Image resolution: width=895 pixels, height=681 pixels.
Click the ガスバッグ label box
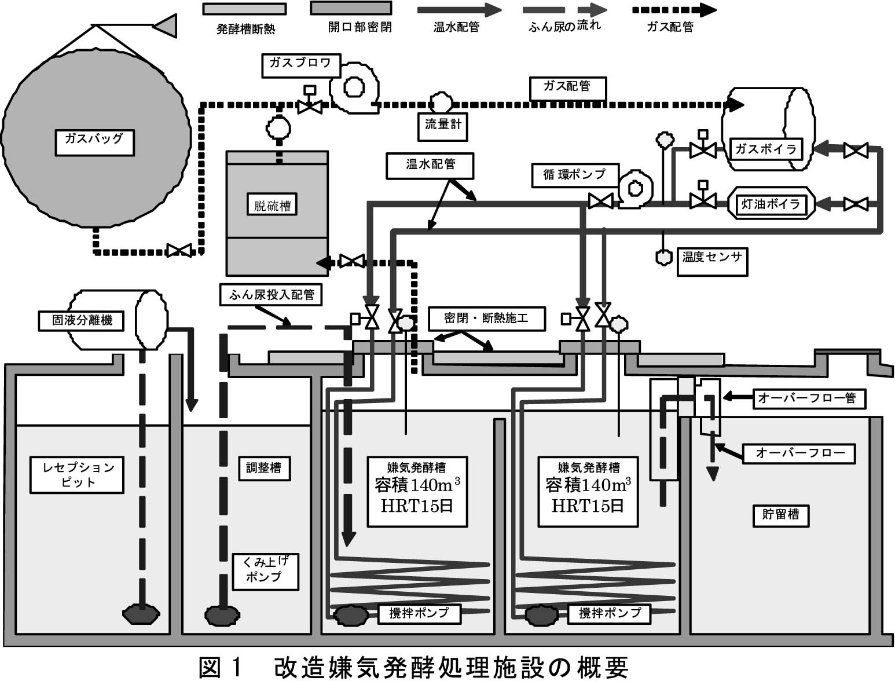click(x=94, y=142)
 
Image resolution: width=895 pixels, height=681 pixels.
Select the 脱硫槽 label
click(x=272, y=205)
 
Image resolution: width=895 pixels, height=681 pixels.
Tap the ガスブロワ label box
click(x=301, y=65)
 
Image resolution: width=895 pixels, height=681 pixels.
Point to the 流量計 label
click(x=443, y=127)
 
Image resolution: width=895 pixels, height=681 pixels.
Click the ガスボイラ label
click(x=766, y=149)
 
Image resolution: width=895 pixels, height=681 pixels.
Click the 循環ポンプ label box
click(x=575, y=175)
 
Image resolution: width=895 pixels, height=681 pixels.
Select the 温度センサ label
click(x=712, y=261)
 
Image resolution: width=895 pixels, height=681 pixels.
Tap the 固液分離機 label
click(x=81, y=320)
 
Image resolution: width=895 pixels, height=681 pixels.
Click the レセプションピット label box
click(x=76, y=475)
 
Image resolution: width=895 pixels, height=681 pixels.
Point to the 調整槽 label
click(x=264, y=468)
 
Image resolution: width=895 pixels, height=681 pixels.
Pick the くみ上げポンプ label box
click(x=266, y=572)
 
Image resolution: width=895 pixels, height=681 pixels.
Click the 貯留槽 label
click(x=780, y=515)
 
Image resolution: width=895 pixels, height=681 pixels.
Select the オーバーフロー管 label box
click(x=809, y=398)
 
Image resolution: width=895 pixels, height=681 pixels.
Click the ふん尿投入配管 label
click(x=271, y=294)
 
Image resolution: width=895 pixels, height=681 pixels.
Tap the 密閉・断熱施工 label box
click(x=487, y=318)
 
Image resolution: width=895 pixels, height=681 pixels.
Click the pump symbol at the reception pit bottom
click(x=141, y=614)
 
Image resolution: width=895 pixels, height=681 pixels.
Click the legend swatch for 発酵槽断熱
click(x=245, y=9)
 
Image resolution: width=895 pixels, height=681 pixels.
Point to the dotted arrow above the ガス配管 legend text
click(x=674, y=10)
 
